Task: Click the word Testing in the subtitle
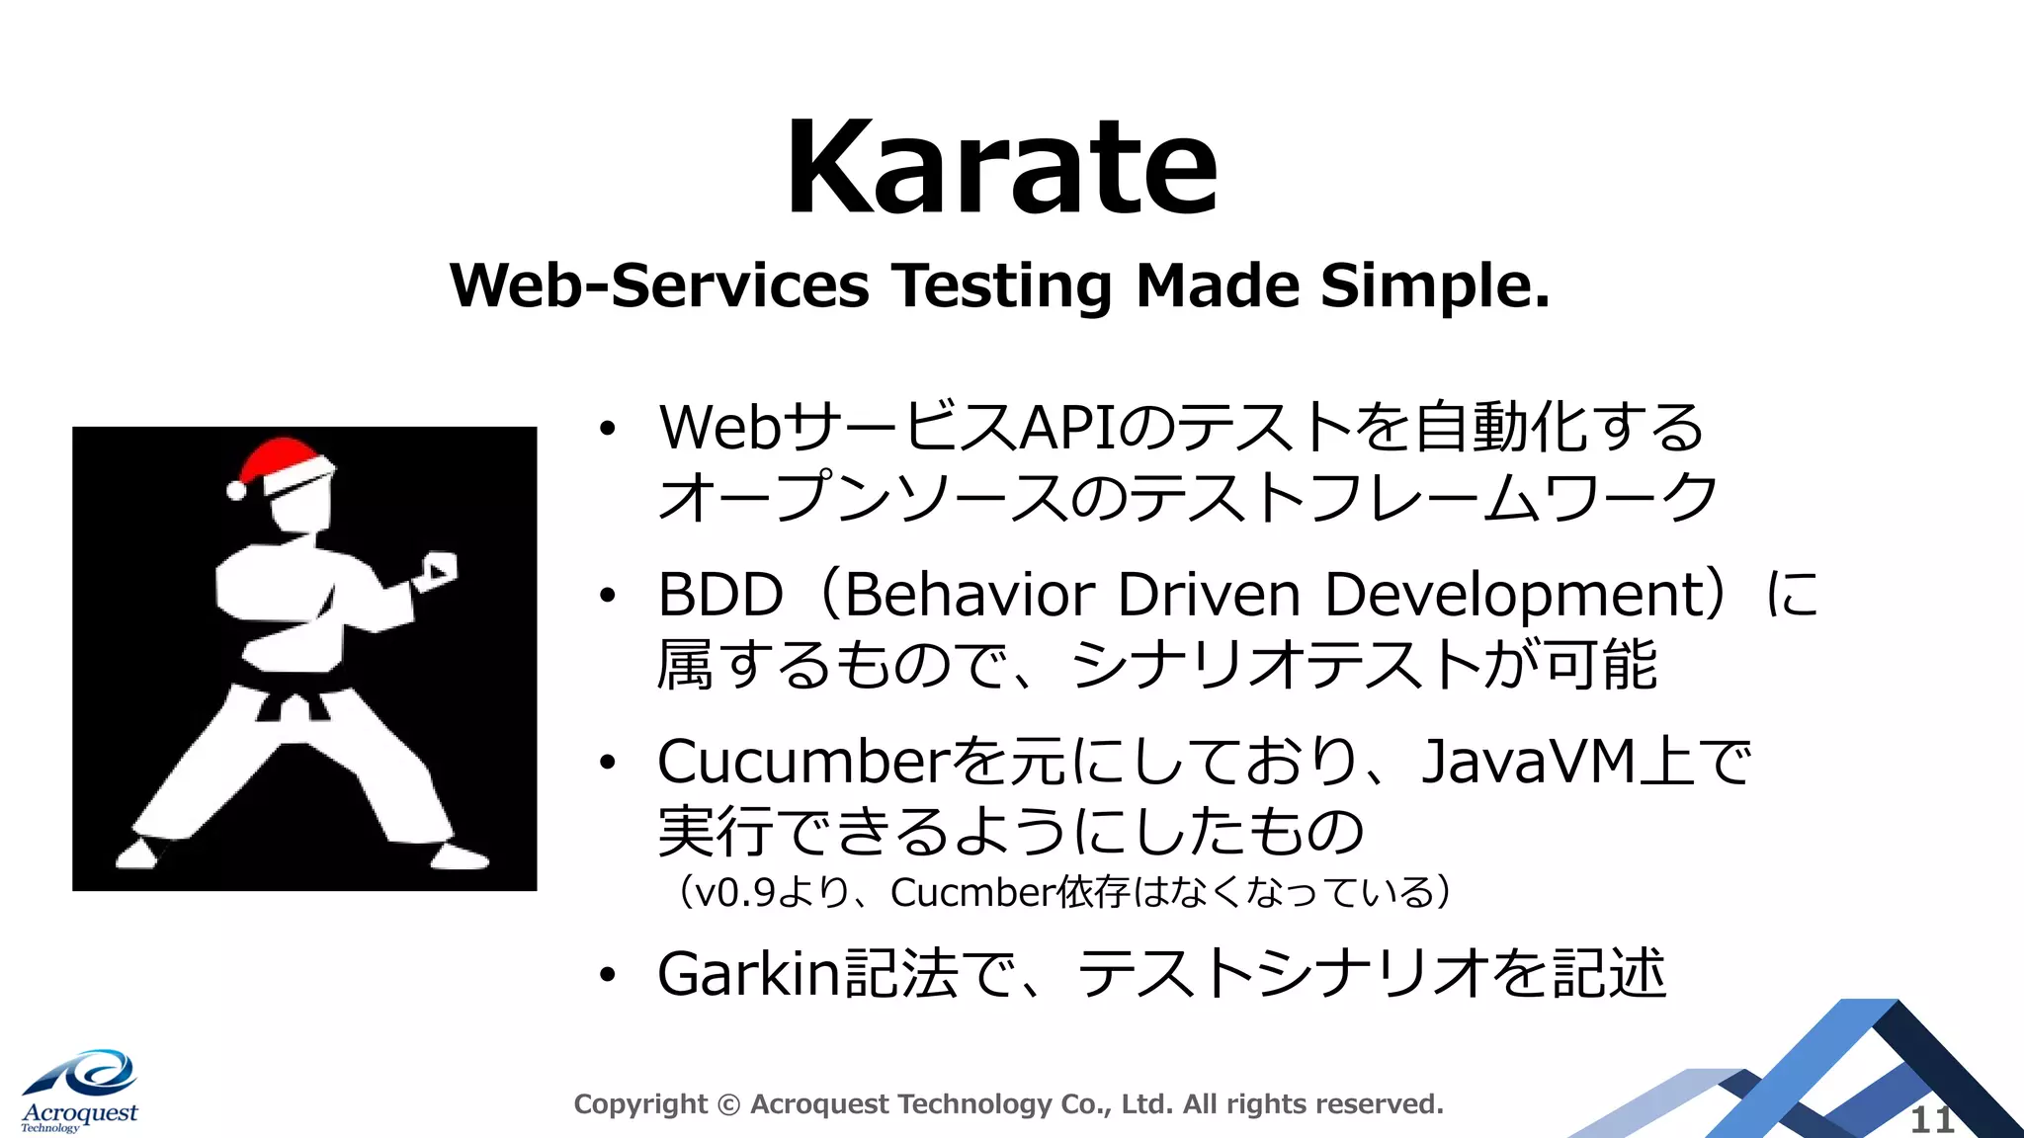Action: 1003,286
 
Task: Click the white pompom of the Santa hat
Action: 236,490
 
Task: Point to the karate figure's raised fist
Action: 436,570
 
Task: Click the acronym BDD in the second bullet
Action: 720,595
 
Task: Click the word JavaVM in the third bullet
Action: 1528,762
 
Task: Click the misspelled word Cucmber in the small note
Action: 972,892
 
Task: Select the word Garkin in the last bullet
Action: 748,974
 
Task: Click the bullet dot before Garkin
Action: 607,975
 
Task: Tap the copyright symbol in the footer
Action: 728,1104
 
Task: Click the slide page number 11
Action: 1931,1120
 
